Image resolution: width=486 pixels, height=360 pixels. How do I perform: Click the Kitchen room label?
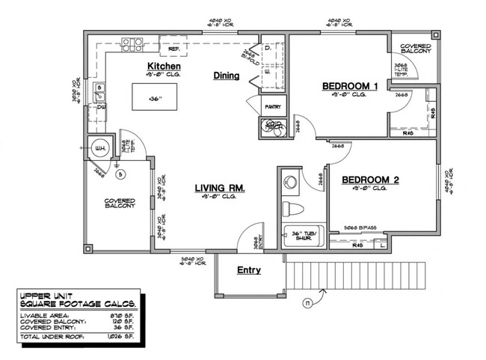point(164,67)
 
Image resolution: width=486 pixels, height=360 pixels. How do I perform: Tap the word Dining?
point(226,76)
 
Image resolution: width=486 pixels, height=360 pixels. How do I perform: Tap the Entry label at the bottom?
point(248,270)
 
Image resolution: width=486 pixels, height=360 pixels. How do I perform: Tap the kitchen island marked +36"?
point(155,98)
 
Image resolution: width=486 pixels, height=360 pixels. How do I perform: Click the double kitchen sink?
point(99,92)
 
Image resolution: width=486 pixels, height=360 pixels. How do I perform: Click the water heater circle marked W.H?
point(98,148)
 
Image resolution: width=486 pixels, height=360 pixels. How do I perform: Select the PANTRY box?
point(271,107)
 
